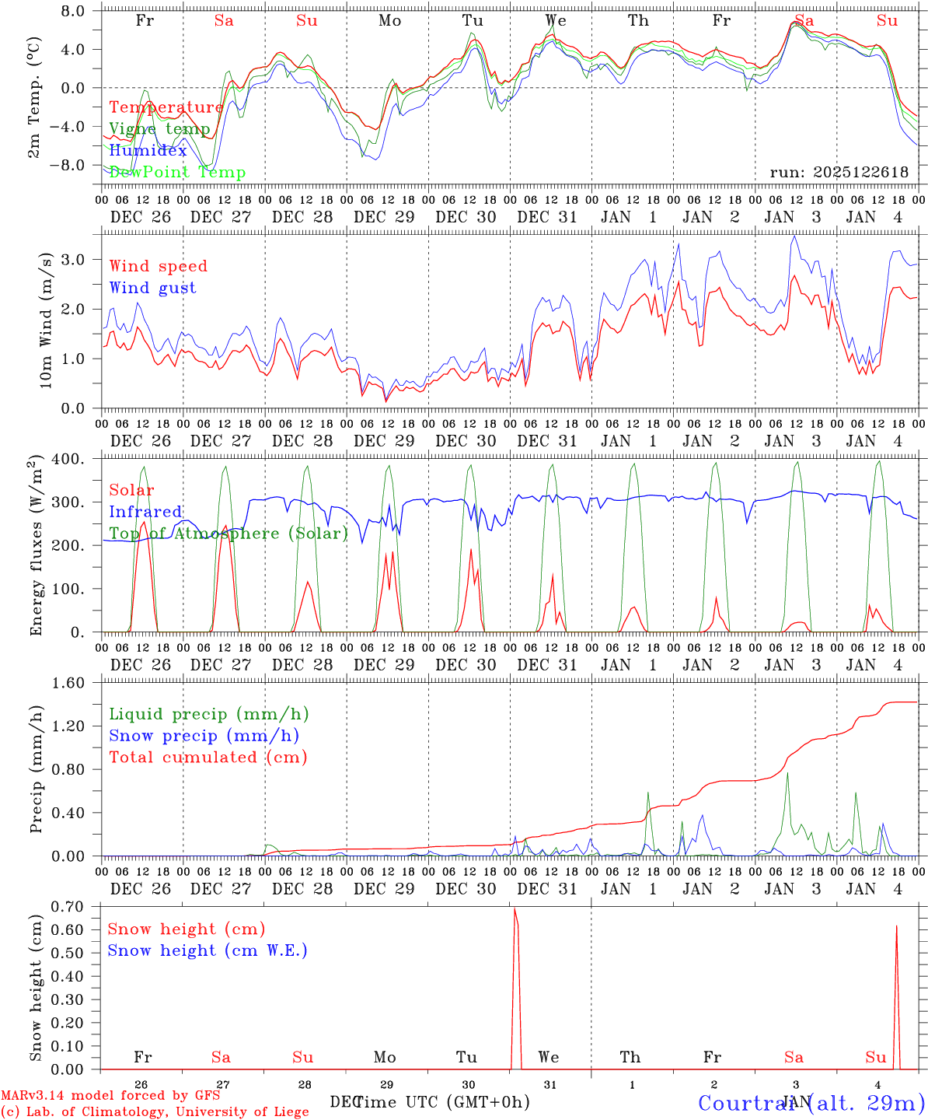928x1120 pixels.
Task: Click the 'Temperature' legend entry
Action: coord(166,107)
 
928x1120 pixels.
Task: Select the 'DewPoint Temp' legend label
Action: coord(177,173)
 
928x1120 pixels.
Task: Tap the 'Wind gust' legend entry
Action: coord(152,288)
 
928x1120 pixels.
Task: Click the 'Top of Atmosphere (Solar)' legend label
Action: coord(229,534)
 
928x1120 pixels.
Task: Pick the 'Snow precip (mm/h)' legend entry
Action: coord(204,736)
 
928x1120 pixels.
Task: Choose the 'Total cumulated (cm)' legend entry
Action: coord(208,758)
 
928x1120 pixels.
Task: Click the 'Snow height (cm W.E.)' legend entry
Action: coord(208,950)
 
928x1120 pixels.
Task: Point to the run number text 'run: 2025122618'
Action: coord(839,173)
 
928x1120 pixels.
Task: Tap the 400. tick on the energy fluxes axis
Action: coord(68,460)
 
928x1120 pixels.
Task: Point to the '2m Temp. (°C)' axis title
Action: coord(34,97)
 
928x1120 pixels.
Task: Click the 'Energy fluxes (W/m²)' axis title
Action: coord(36,547)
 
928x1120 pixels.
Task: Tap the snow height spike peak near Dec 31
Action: coord(515,908)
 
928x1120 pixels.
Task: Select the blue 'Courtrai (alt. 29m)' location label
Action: coord(811,1103)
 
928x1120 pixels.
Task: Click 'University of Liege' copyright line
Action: coord(155,1112)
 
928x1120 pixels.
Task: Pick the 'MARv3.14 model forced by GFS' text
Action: coord(110,1096)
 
